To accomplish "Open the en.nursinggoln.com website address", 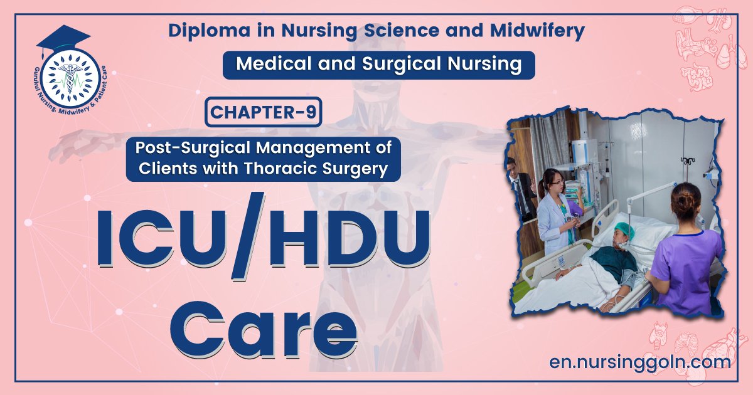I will coord(639,362).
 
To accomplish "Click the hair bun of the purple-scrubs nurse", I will coord(683,201).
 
